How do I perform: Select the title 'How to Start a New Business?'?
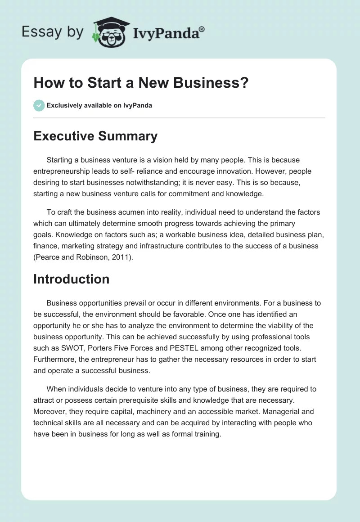coord(140,83)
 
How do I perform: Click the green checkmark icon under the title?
coord(39,105)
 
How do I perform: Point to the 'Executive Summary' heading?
coord(95,136)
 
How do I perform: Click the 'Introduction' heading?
coord(71,279)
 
